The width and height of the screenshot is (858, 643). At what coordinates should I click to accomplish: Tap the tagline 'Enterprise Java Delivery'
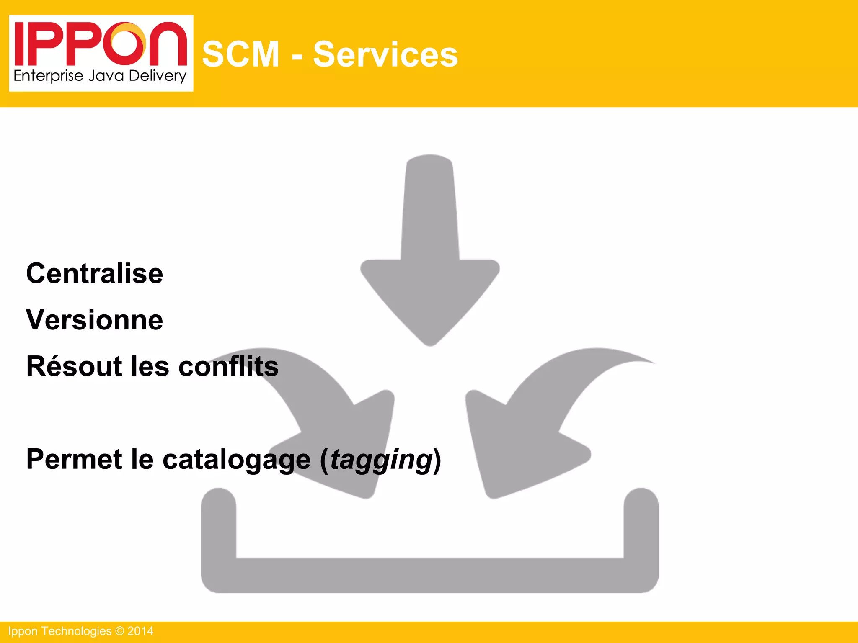pyautogui.click(x=100, y=76)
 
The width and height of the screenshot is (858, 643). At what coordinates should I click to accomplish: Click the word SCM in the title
pyautogui.click(x=240, y=54)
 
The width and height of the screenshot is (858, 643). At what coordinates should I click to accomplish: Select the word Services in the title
pyautogui.click(x=385, y=54)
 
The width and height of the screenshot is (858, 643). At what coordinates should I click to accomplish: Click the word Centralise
pyautogui.click(x=95, y=274)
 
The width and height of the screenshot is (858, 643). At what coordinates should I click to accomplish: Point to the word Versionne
pyautogui.click(x=95, y=320)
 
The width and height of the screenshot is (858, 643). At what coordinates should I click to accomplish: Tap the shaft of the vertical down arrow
pyautogui.click(x=430, y=209)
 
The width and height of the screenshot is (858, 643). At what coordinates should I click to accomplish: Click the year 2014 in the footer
pyautogui.click(x=140, y=631)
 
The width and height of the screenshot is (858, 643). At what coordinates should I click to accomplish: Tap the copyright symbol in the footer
pyautogui.click(x=119, y=631)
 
